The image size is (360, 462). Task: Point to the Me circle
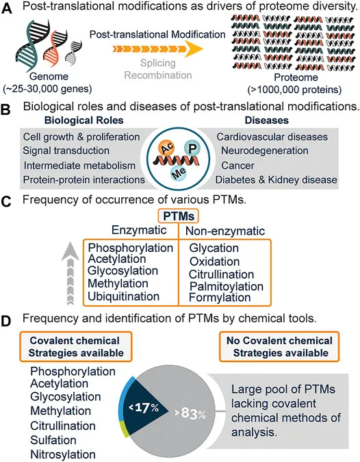(x=178, y=192)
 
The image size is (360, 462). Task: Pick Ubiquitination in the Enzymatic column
(x=123, y=316)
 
